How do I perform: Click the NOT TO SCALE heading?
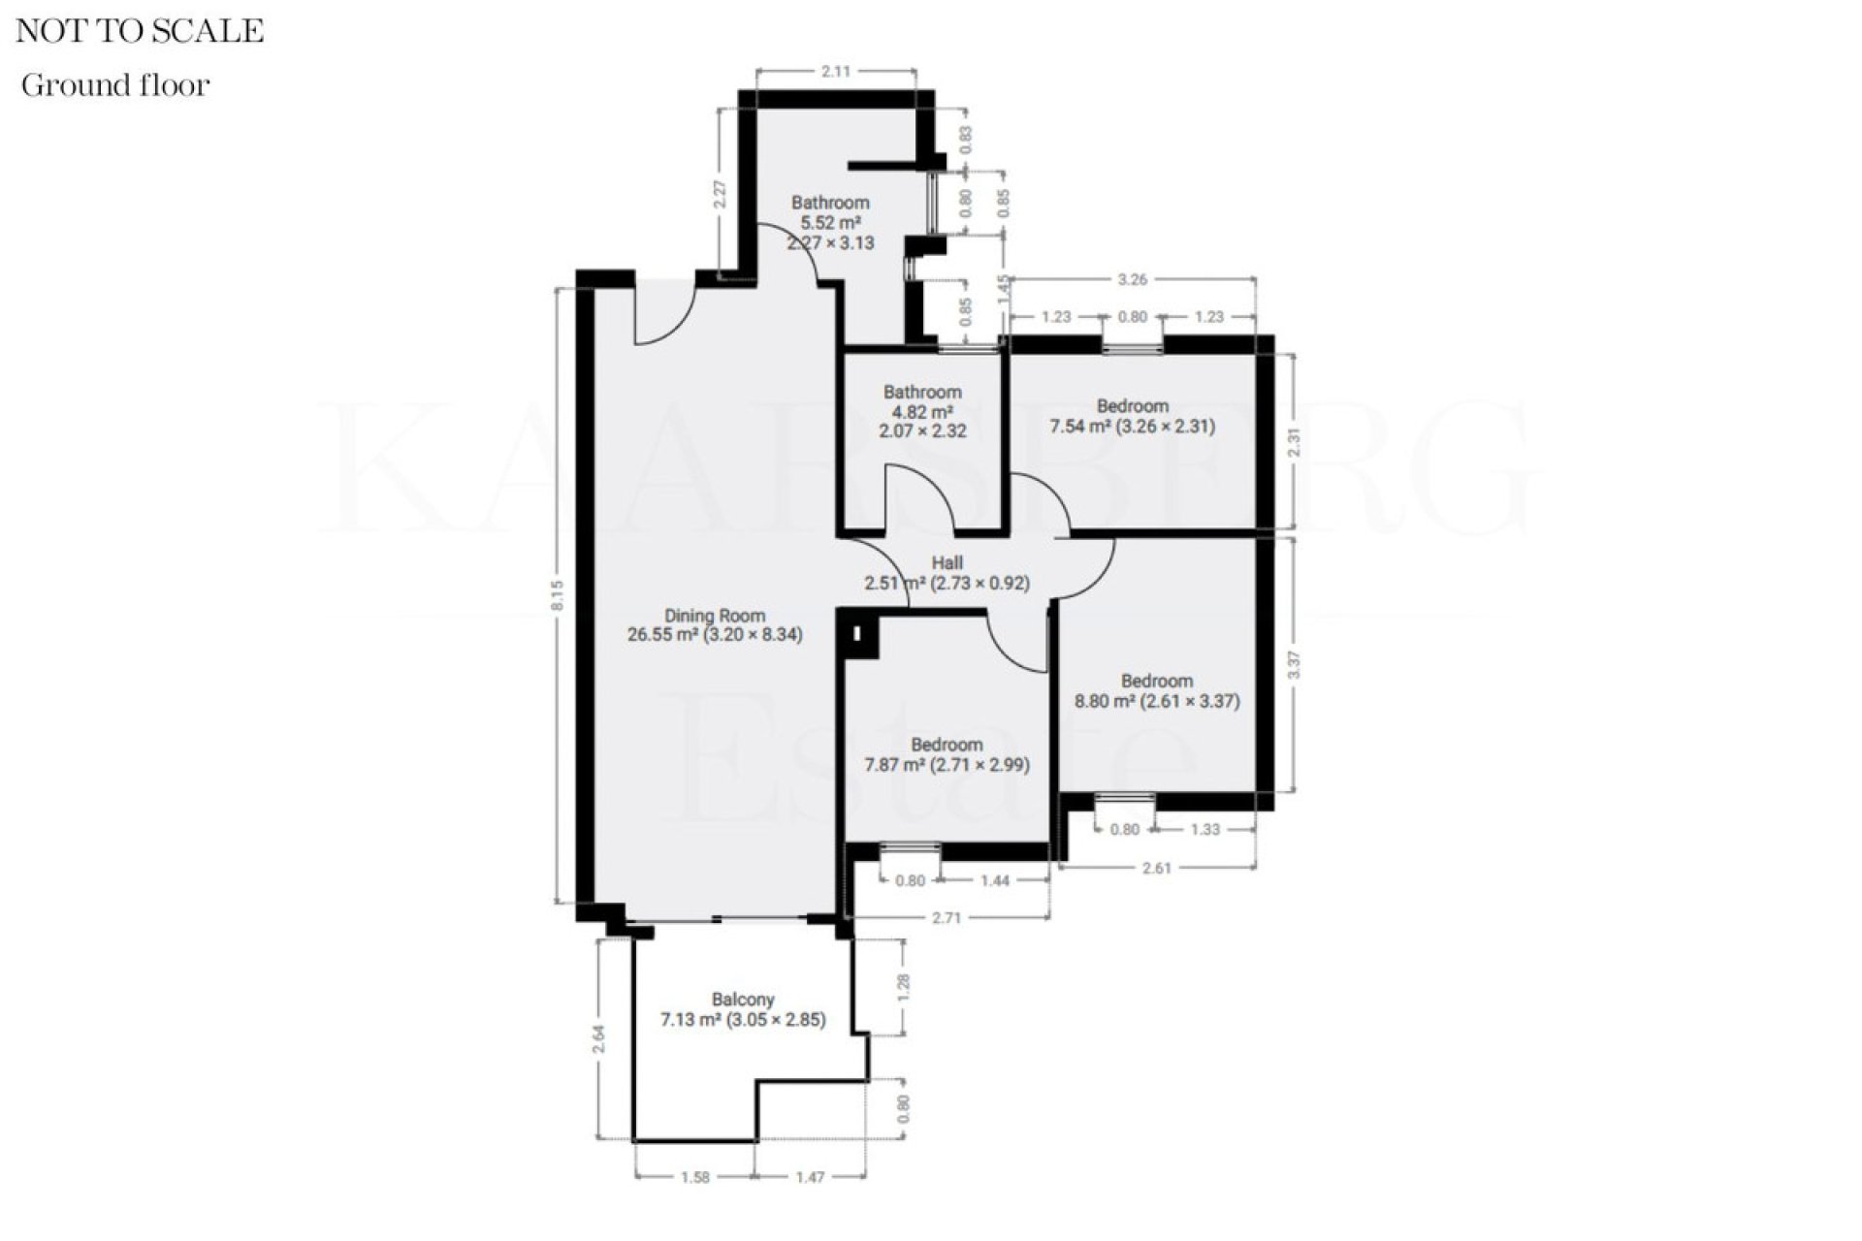(140, 31)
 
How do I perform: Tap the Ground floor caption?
(115, 85)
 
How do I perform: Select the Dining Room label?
(715, 625)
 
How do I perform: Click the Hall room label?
(947, 573)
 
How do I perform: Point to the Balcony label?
(743, 1009)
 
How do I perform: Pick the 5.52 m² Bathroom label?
(830, 222)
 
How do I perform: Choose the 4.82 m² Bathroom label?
(922, 411)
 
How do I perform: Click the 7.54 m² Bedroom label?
(1133, 416)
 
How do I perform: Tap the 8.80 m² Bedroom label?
(1157, 691)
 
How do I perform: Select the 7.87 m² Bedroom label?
(947, 754)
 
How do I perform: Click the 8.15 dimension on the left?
(558, 595)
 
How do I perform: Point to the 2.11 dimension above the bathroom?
(836, 71)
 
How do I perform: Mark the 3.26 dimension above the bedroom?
(1133, 279)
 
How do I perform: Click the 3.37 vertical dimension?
(1294, 665)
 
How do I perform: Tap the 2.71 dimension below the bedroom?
(947, 917)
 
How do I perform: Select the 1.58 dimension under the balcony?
(695, 1177)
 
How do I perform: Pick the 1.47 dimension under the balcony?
(810, 1177)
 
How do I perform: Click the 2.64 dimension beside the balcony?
(600, 1039)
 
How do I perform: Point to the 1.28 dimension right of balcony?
(904, 987)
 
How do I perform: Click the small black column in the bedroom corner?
(858, 635)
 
